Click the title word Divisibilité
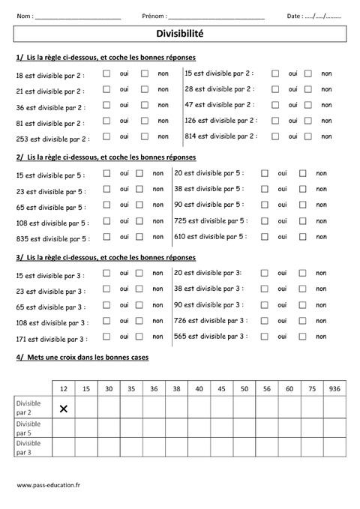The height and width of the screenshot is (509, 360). click(179, 34)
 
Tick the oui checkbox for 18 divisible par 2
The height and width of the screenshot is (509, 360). click(106, 74)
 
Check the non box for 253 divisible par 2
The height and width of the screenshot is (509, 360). click(145, 136)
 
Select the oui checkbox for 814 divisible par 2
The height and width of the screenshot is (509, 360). click(275, 136)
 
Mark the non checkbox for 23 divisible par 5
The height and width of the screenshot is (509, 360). click(139, 190)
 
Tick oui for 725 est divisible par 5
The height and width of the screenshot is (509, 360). click(265, 220)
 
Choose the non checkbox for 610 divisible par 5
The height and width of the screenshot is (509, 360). click(303, 236)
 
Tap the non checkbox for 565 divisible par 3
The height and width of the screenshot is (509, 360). click(303, 337)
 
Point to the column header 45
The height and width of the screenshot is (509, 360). click(221, 388)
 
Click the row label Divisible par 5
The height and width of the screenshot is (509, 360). click(30, 428)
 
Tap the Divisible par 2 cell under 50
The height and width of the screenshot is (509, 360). click(244, 409)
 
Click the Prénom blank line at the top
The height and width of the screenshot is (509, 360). click(217, 16)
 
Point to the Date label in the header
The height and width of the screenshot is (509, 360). click(294, 16)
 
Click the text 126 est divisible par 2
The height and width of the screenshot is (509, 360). click(220, 120)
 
